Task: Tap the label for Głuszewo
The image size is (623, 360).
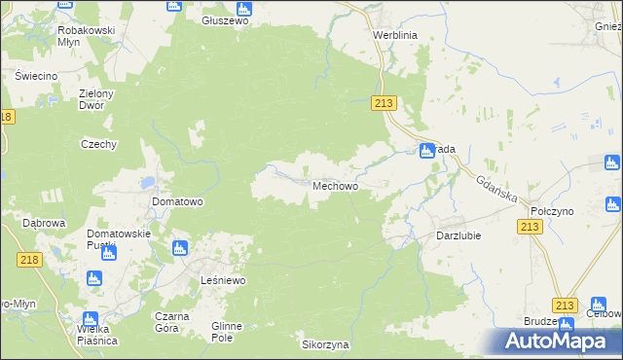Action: (x=226, y=20)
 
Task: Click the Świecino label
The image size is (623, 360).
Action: (x=36, y=76)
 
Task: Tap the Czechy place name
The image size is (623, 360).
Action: (x=98, y=144)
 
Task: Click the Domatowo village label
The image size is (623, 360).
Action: (x=177, y=202)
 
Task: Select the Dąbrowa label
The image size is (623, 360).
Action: (x=43, y=223)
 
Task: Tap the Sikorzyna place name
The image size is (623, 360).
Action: (x=325, y=345)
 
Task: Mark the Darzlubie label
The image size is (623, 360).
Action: (x=458, y=235)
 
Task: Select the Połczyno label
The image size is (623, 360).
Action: (x=551, y=211)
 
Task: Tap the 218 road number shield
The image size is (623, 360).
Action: (x=29, y=259)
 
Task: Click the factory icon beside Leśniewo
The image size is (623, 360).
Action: (x=179, y=248)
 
